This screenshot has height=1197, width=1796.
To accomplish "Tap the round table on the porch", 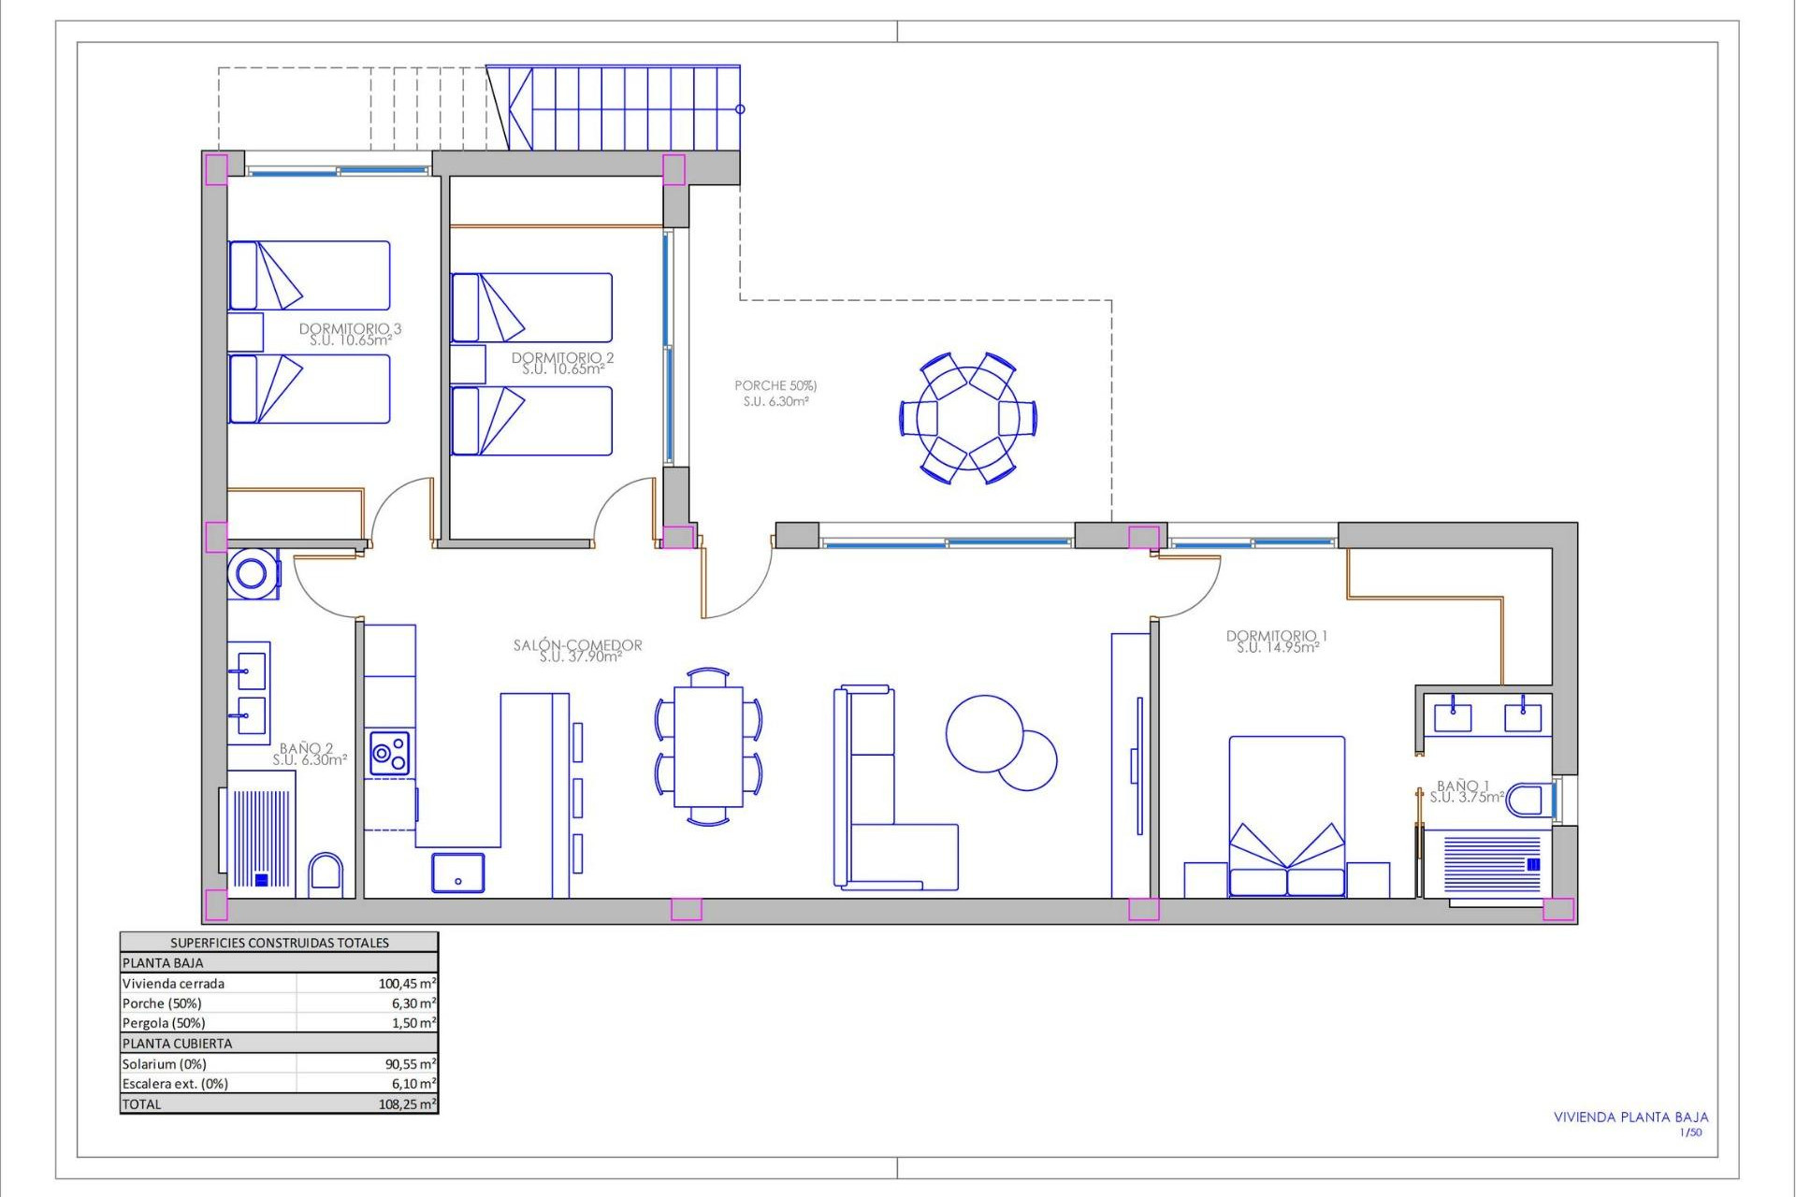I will tap(967, 417).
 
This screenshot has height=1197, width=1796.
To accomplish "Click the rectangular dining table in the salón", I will tap(708, 746).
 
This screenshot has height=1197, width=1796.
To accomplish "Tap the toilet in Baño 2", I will tap(326, 874).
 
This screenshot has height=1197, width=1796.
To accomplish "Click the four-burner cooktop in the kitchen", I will tap(389, 753).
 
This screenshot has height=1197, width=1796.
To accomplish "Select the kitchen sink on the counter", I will tap(458, 873).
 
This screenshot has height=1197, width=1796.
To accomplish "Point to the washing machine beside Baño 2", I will tap(253, 572).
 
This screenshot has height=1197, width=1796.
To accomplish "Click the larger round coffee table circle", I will tap(984, 733).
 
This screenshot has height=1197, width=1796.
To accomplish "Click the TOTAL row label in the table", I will tap(142, 1104).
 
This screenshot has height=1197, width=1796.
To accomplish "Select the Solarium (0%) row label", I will tap(165, 1064).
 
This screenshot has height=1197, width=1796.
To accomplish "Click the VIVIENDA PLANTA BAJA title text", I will tap(1630, 1117).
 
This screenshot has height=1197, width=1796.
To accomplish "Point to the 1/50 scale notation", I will tap(1690, 1132).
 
